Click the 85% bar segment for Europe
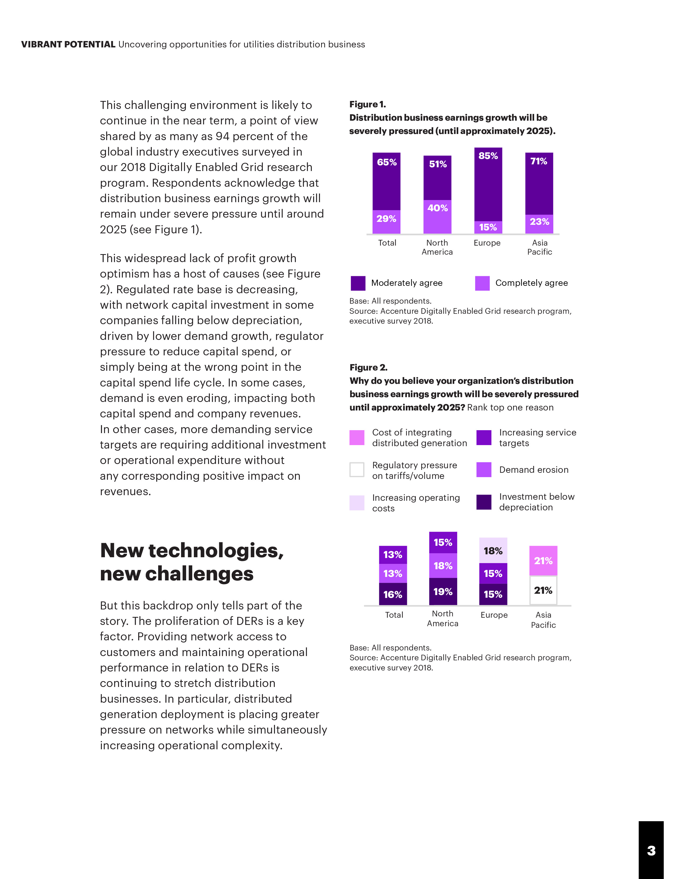pyautogui.click(x=488, y=184)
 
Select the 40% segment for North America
pyautogui.click(x=437, y=217)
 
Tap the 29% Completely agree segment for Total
pyautogui.click(x=386, y=221)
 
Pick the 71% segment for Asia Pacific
pyautogui.click(x=539, y=184)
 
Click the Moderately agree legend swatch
pyautogui.click(x=358, y=283)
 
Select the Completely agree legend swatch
pyautogui.click(x=482, y=283)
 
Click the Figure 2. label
pyautogui.click(x=368, y=368)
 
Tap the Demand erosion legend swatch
pyautogui.click(x=484, y=470)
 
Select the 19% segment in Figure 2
pyautogui.click(x=443, y=592)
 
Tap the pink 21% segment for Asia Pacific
pyautogui.click(x=543, y=561)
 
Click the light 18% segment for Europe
pyautogui.click(x=493, y=550)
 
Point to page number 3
pyautogui.click(x=651, y=850)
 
